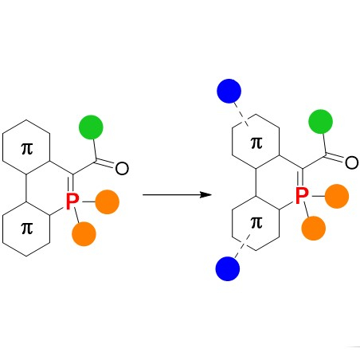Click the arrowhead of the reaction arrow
click(x=206, y=194)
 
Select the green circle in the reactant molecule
click(x=91, y=127)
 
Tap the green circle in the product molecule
click(x=320, y=122)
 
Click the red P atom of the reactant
click(x=72, y=202)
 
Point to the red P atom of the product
click(x=302, y=196)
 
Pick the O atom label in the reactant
click(x=122, y=168)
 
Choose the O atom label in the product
click(x=352, y=162)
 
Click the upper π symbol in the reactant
click(x=27, y=149)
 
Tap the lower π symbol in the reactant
click(x=27, y=229)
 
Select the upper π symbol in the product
click(x=256, y=143)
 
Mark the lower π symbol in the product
click(x=256, y=222)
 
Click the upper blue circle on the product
click(x=229, y=91)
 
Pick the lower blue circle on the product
click(x=228, y=268)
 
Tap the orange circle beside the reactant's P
click(x=107, y=202)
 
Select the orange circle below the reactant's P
click(x=84, y=234)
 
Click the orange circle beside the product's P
click(x=337, y=196)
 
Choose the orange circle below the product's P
click(x=314, y=229)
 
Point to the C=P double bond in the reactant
click(x=71, y=183)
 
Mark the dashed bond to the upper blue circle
click(x=241, y=114)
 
